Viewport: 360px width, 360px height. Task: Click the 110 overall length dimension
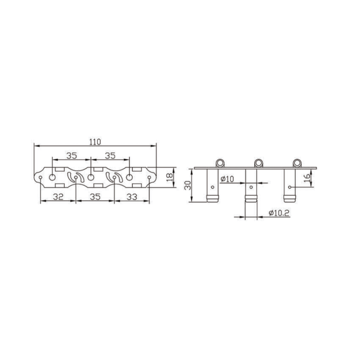point(95,142)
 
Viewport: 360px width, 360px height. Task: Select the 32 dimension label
point(58,197)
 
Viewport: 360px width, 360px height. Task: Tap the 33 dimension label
point(132,197)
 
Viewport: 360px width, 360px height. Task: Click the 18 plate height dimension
point(170,177)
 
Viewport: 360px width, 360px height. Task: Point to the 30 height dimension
point(188,185)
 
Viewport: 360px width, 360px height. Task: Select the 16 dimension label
point(307,178)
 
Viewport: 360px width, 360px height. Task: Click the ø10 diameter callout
point(227,179)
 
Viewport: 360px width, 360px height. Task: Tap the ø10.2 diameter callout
point(279,213)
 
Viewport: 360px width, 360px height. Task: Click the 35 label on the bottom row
point(95,197)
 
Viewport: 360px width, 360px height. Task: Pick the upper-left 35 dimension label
point(72,156)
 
